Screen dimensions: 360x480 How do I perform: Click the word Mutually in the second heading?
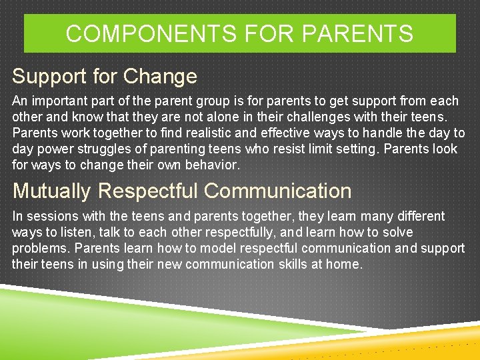pyautogui.click(x=52, y=191)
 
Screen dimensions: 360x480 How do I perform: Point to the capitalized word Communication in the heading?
pyautogui.click(x=277, y=191)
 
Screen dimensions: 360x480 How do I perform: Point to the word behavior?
pyautogui.click(x=213, y=165)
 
